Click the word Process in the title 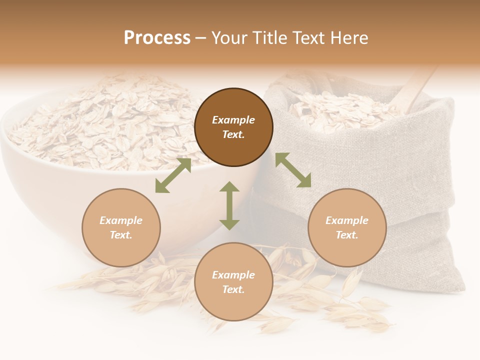(157, 38)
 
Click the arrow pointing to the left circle (173, 175)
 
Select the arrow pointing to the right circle (293, 170)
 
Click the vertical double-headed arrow (229, 205)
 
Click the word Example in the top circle (233, 120)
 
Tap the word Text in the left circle (120, 235)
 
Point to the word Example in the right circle (347, 220)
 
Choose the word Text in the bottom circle (233, 289)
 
